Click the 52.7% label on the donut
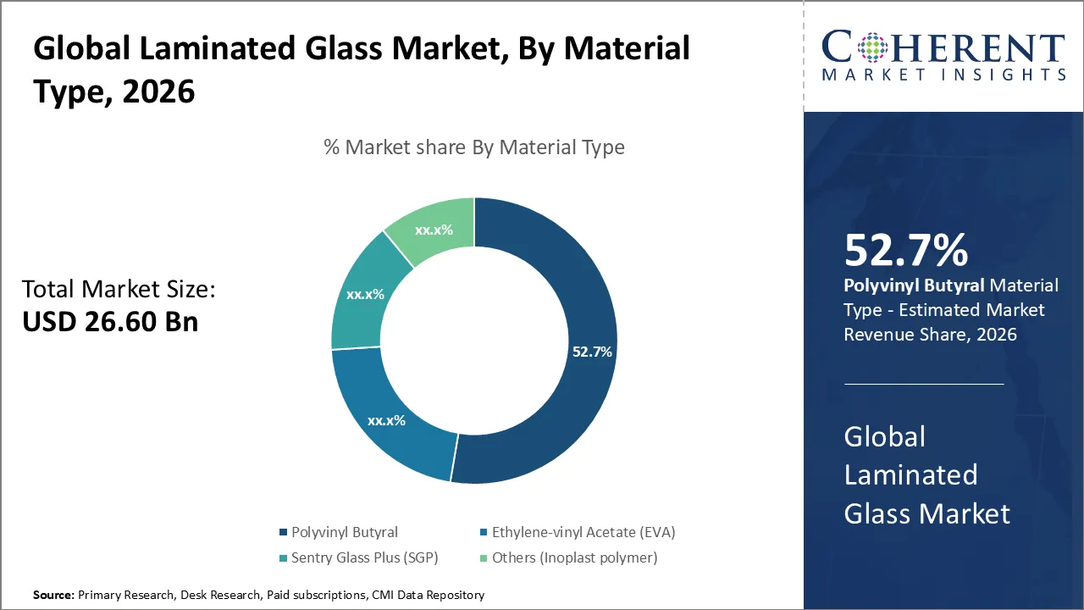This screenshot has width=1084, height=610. click(592, 352)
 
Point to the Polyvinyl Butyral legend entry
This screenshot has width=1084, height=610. click(344, 532)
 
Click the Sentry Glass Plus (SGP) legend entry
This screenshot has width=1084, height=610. click(364, 557)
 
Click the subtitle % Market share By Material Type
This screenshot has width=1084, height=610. click(474, 147)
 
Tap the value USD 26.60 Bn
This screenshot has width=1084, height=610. click(110, 322)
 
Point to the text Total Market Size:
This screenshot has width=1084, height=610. click(119, 290)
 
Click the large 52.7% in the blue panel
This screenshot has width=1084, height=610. click(905, 251)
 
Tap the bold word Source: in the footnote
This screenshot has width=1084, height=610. click(53, 596)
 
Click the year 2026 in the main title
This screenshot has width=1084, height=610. click(158, 91)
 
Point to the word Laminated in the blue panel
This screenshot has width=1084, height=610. click(910, 474)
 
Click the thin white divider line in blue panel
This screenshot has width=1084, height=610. click(923, 384)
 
